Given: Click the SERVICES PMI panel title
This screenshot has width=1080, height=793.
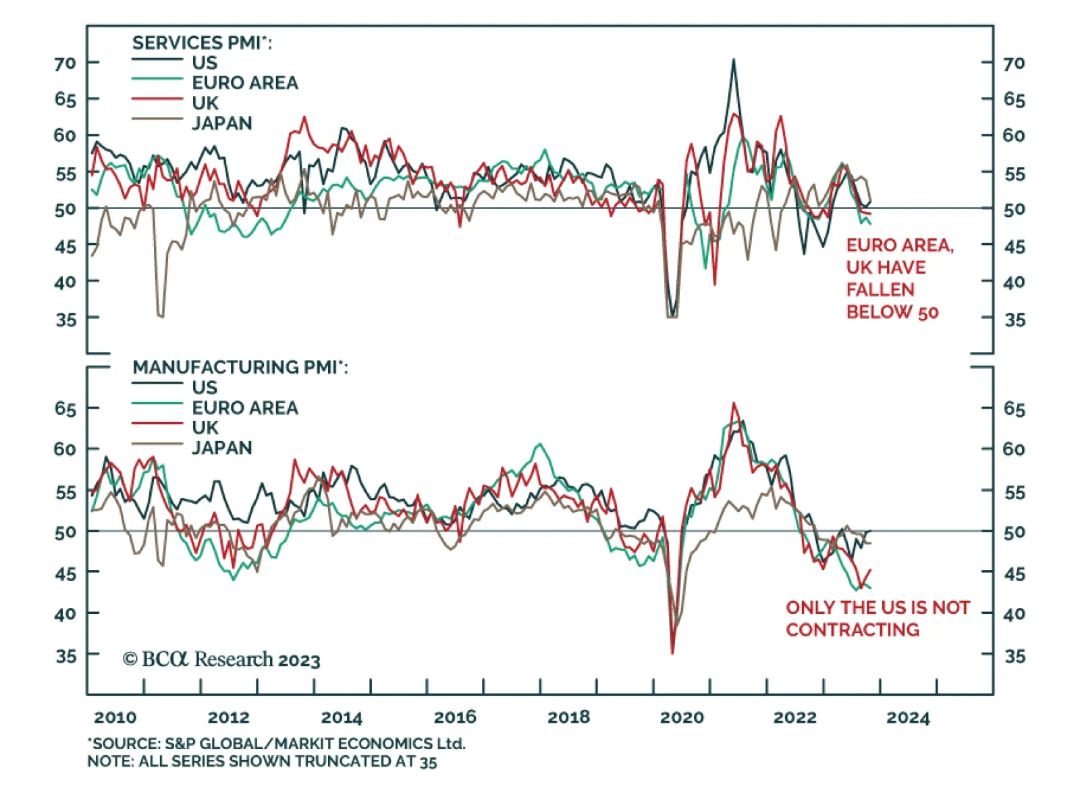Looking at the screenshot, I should tap(202, 43).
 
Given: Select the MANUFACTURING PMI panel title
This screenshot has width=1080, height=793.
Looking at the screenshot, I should tap(240, 367).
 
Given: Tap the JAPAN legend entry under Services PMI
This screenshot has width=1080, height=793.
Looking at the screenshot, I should tap(221, 124).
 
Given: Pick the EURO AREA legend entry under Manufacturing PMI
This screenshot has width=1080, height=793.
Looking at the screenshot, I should tap(244, 408).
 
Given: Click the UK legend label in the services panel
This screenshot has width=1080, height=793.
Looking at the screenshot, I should tap(205, 103).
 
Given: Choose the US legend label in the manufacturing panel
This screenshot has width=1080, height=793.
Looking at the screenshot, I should tap(205, 388).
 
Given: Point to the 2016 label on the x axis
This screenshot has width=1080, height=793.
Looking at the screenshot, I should tap(455, 717).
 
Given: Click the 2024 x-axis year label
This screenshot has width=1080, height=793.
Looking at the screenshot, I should tap(908, 717).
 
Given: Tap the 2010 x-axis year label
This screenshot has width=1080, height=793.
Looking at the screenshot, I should tap(115, 717).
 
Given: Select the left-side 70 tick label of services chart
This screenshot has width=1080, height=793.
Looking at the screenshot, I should tap(65, 63).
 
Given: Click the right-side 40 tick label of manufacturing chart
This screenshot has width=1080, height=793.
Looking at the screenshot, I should tap(1014, 615).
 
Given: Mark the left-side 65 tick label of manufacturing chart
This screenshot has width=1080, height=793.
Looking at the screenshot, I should tap(65, 409).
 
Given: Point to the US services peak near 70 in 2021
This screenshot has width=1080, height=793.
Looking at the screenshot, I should tap(734, 60).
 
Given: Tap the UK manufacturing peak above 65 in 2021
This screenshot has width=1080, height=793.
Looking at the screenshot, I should tap(734, 404).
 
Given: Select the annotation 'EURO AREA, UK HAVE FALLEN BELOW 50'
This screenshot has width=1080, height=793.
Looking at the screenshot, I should tap(899, 278).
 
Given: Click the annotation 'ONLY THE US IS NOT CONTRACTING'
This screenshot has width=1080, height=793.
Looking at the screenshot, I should tap(877, 619).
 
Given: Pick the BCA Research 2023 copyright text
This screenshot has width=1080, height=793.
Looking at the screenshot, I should tap(221, 659).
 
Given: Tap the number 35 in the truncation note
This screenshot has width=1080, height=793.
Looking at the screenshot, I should tap(428, 762).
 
